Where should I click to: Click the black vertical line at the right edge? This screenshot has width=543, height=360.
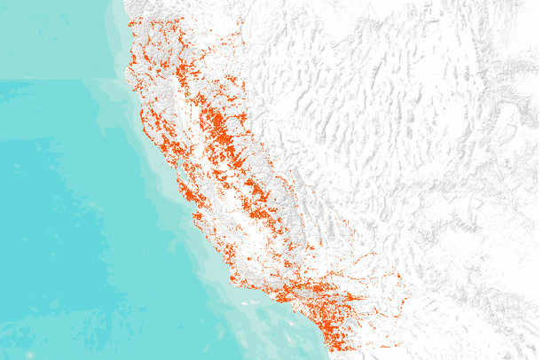[540, 177]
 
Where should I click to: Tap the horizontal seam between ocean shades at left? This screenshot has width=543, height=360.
[53, 81]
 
